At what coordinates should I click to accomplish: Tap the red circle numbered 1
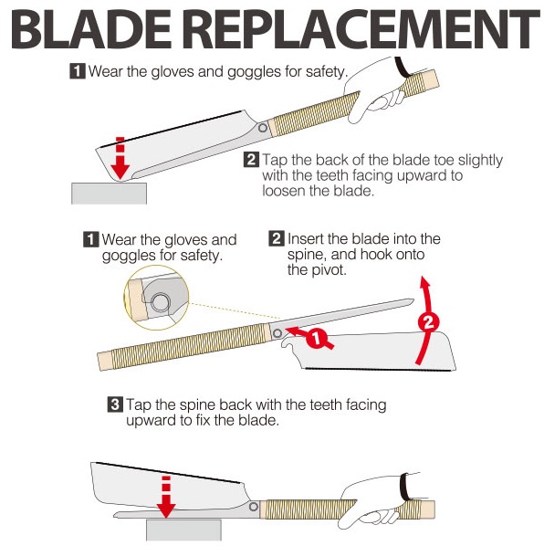317,338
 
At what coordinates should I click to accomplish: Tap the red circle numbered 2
428,322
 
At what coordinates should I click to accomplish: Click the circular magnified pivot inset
157,298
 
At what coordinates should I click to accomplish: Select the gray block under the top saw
109,194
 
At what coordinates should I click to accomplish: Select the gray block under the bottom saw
183,530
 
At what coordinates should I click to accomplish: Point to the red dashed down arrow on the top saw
120,159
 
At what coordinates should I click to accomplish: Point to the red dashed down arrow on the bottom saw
166,497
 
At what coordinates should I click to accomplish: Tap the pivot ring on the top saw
263,128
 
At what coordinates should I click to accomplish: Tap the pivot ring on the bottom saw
254,507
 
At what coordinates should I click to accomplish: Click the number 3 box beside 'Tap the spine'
115,404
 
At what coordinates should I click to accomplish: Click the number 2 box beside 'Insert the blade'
277,238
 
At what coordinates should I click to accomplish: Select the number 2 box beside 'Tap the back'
251,160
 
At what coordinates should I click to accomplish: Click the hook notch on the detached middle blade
288,344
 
